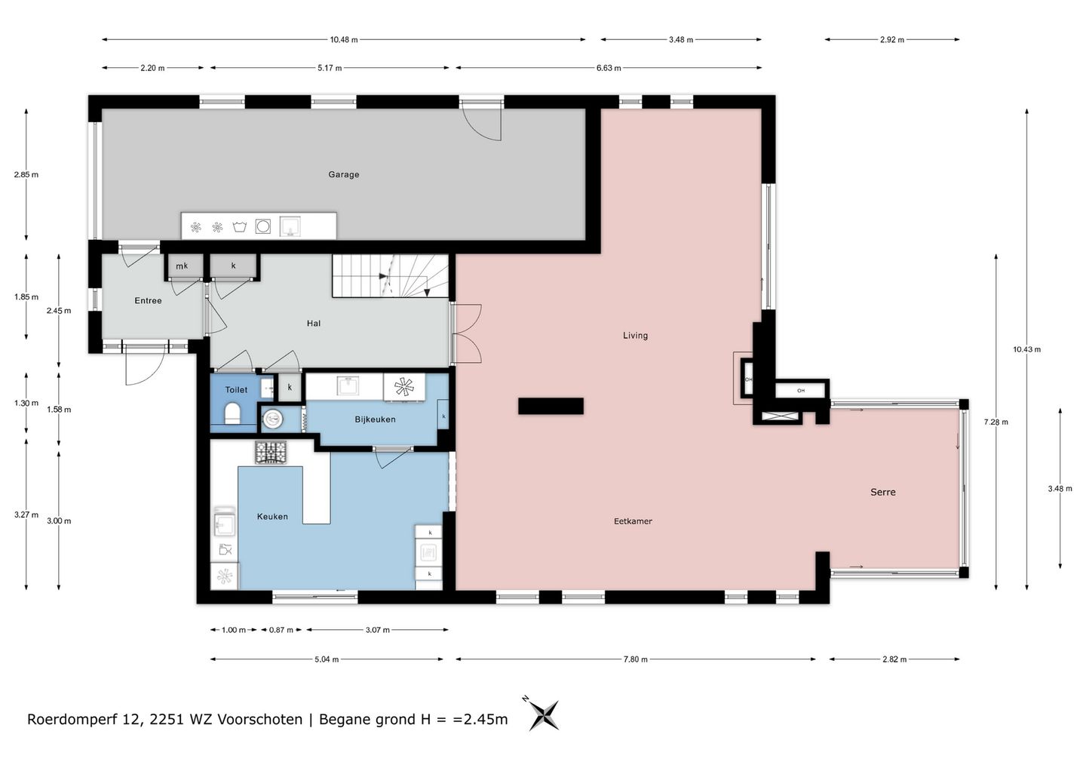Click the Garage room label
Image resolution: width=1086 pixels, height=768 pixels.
point(344,174)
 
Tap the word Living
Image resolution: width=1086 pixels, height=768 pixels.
point(635,336)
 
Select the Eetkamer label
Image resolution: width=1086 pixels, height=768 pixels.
point(633,521)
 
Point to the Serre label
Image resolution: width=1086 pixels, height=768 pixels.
point(883,492)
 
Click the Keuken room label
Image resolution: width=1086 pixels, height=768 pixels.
point(272,517)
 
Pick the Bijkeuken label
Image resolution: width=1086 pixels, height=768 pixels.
point(375,419)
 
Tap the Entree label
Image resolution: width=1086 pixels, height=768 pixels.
point(148,300)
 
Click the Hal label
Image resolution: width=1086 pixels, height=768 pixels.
point(314,324)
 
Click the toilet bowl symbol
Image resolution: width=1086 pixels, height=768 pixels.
point(232,413)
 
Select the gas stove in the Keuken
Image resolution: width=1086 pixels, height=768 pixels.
point(271,452)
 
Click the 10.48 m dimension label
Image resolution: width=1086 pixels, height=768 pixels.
point(344,40)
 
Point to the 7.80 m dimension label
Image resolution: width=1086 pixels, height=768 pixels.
point(635,659)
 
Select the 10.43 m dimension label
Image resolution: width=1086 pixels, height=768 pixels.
point(1026,349)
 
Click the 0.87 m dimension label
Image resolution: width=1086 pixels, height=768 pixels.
point(281,630)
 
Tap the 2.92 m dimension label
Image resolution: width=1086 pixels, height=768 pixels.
point(892,40)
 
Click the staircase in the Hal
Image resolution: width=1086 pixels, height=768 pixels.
point(391,276)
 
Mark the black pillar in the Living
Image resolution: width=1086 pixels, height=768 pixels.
point(551,407)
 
